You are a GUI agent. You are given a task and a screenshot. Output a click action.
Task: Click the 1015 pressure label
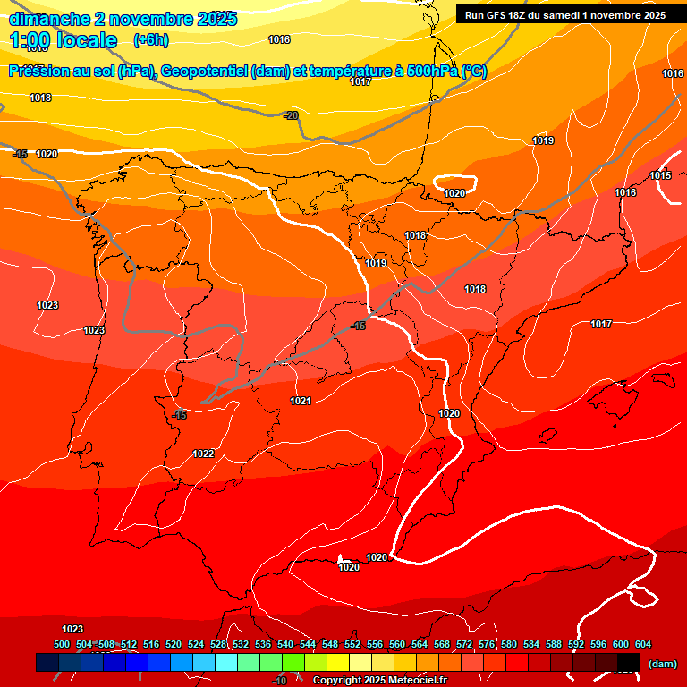pyautogui.click(x=660, y=175)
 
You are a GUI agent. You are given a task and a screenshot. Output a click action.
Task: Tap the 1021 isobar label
pyautogui.click(x=301, y=402)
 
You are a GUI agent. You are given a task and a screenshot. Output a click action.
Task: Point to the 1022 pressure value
pyautogui.click(x=203, y=454)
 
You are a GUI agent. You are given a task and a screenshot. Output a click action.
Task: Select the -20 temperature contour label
pyautogui.click(x=291, y=115)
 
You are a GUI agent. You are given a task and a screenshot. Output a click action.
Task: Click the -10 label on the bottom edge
pyautogui.click(x=279, y=681)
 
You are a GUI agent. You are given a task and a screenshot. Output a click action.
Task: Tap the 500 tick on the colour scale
pyautogui.click(x=62, y=644)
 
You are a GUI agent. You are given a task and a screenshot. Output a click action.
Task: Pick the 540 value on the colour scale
pyautogui.click(x=285, y=644)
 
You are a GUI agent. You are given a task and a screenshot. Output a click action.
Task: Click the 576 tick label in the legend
pyautogui.click(x=487, y=644)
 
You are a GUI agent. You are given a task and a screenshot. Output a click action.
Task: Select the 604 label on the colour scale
pyautogui.click(x=643, y=644)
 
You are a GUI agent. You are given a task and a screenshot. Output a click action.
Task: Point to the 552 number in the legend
pyautogui.click(x=352, y=644)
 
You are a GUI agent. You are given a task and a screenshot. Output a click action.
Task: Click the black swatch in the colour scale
pyautogui.click(x=629, y=662)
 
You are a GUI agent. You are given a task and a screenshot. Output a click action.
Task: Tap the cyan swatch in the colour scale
pyautogui.click(x=226, y=662)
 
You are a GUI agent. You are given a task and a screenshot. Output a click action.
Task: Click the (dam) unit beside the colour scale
pyautogui.click(x=662, y=663)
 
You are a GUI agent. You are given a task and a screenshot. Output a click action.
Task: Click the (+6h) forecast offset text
pyautogui.click(x=150, y=40)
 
